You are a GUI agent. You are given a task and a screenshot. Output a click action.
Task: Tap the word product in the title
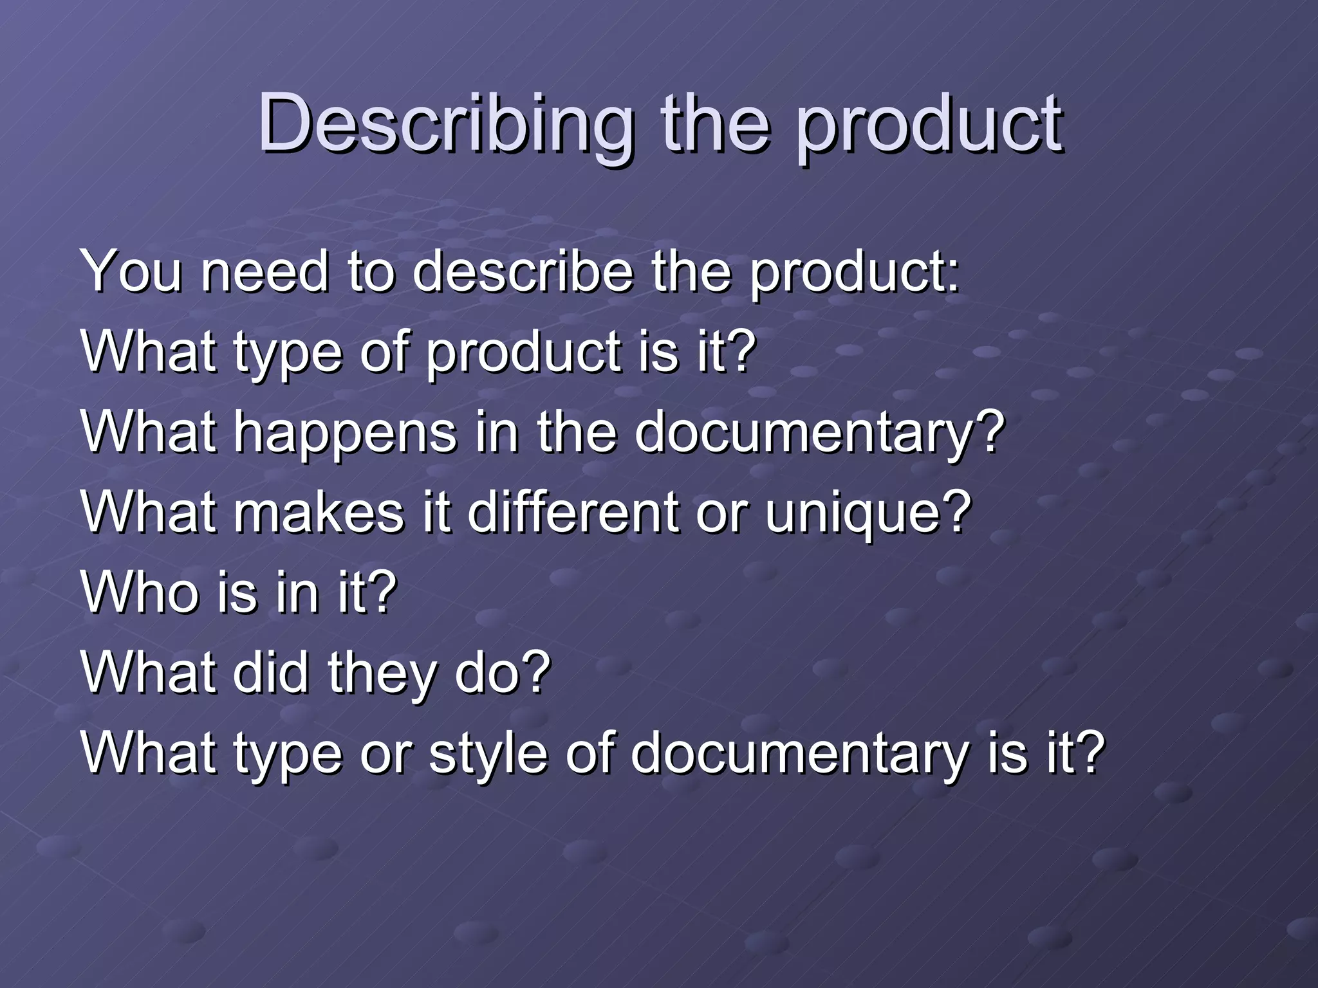pos(929,123)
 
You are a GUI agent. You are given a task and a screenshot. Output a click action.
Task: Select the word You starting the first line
pos(132,271)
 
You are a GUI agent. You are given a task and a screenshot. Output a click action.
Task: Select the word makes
pos(319,513)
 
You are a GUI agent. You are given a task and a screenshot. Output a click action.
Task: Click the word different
pos(573,513)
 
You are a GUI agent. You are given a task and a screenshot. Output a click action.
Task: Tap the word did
pos(270,673)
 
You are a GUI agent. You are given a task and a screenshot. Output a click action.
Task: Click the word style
pos(487,754)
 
